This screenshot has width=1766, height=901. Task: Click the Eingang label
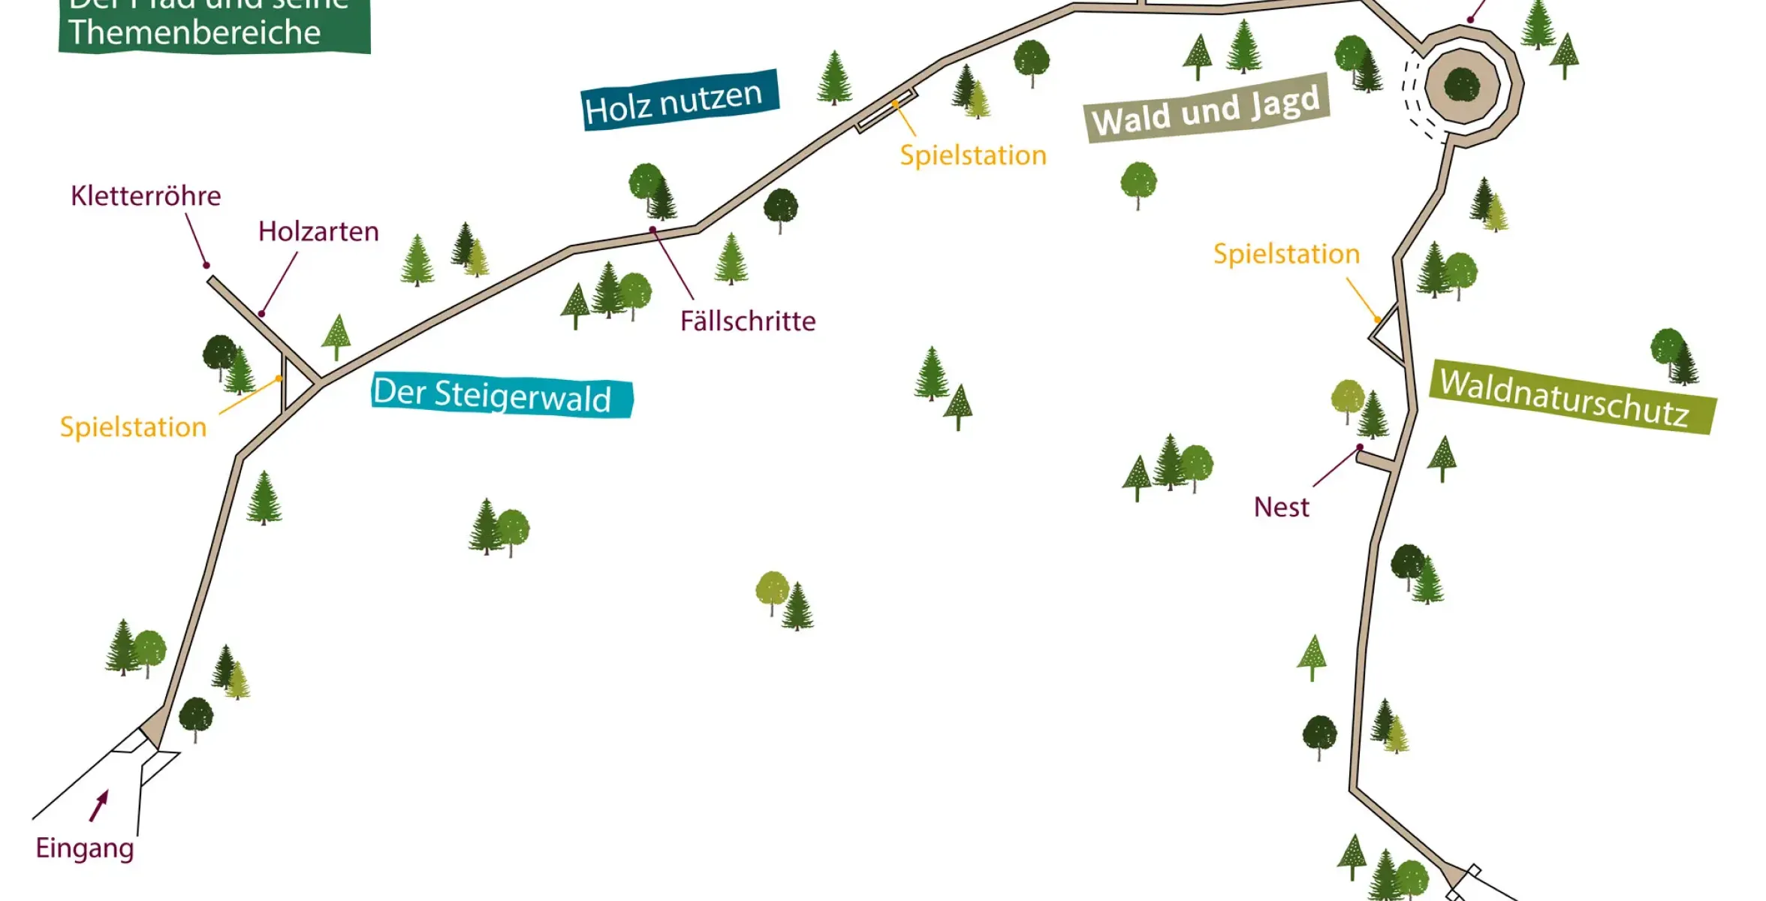tap(85, 848)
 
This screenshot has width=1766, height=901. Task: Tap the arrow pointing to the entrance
tap(99, 805)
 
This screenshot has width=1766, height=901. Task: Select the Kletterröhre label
tap(146, 196)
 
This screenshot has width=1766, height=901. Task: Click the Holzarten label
tap(318, 231)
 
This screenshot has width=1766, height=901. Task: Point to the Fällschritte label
tap(748, 321)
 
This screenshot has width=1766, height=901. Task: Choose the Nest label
tap(1281, 508)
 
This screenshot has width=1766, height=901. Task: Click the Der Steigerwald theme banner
tap(502, 396)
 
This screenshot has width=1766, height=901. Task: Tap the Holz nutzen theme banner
tap(679, 101)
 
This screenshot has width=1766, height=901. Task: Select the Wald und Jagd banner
tap(1207, 110)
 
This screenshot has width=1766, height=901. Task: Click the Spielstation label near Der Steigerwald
tap(133, 427)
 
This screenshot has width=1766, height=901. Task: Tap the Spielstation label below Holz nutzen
tap(973, 155)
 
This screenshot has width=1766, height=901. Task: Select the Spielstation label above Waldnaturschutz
tap(1286, 254)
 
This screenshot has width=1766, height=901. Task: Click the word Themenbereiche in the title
tap(194, 32)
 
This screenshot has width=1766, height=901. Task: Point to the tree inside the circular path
tap(1462, 84)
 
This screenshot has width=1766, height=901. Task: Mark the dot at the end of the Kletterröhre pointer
tap(206, 265)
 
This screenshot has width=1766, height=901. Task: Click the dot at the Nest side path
tap(1360, 447)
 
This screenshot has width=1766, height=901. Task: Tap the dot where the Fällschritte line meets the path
tap(653, 230)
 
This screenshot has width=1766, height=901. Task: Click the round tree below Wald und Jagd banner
tap(1138, 182)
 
